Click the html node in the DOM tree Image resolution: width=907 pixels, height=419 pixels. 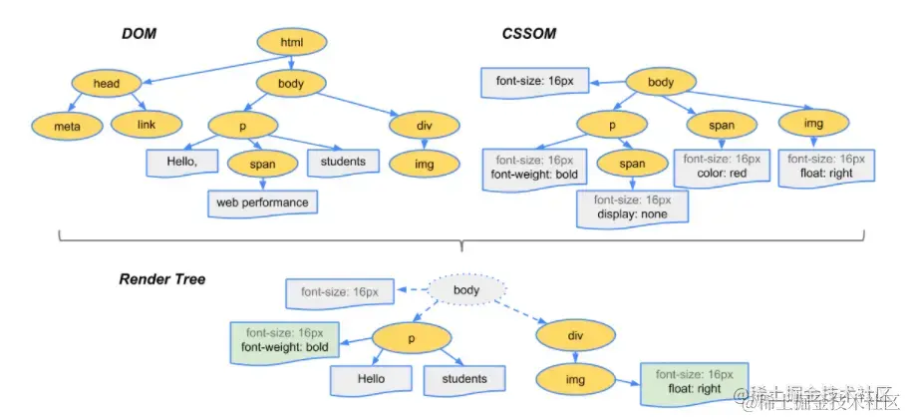pyautogui.click(x=293, y=43)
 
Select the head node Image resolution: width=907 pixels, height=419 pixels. pyautogui.click(x=106, y=84)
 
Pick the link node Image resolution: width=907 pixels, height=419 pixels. pyautogui.click(x=145, y=125)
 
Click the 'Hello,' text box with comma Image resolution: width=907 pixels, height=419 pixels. pyautogui.click(x=182, y=162)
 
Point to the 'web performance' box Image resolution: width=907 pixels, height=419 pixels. pyautogui.click(x=263, y=203)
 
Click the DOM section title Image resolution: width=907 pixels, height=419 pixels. pyautogui.click(x=140, y=34)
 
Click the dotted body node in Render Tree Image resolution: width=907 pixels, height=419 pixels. pyautogui.click(x=466, y=291)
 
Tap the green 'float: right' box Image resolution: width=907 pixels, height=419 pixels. pyautogui.click(x=688, y=381)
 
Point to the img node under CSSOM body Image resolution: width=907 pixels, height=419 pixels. pyautogui.click(x=814, y=124)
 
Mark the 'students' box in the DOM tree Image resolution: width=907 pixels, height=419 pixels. pyautogui.click(x=343, y=162)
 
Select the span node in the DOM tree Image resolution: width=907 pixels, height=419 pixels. pyautogui.click(x=263, y=162)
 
